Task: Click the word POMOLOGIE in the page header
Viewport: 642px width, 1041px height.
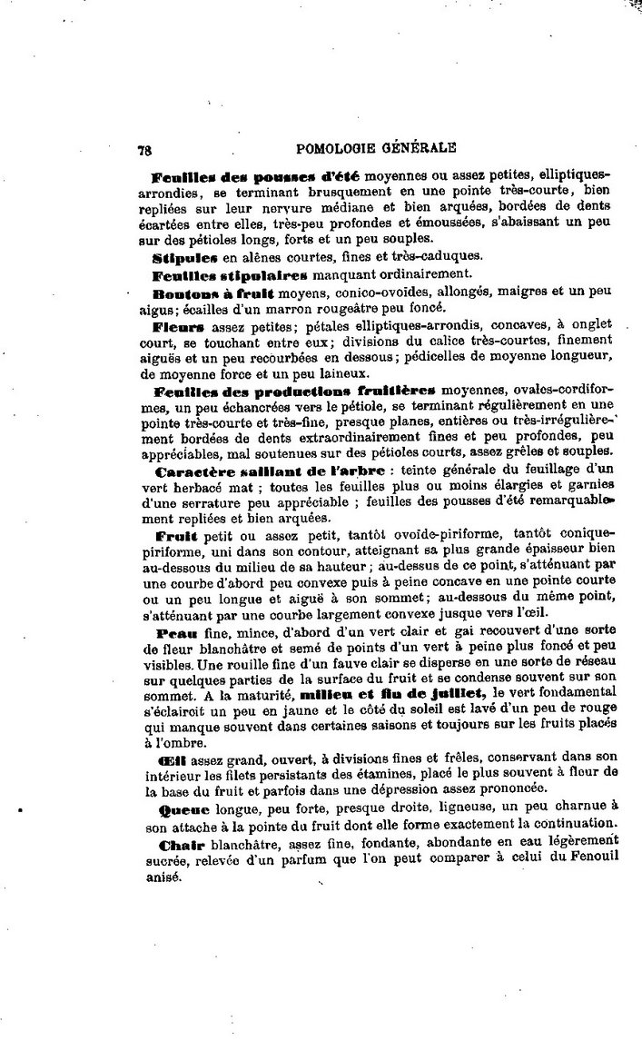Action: point(344,148)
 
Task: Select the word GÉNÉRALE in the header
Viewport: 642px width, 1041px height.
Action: point(425,148)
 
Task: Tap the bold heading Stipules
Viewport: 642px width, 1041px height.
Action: point(181,258)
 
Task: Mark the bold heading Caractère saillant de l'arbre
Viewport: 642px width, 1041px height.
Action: point(270,471)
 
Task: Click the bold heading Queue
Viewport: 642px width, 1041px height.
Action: point(183,808)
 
